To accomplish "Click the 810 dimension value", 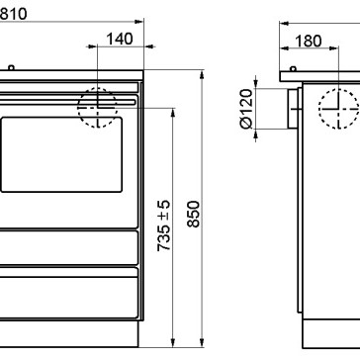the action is pos(13,14).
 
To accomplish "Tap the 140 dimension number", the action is pos(120,39).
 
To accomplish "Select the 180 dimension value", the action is pos(308,42).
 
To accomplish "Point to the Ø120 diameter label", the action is pos(246,109).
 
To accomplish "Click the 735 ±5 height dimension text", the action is pos(164,225).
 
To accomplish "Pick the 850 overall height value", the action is pos(194,214).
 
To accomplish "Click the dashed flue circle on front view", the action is pos(98,88).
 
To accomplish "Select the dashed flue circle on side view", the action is pos(338,89).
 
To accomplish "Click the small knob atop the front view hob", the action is pos(11,68).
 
